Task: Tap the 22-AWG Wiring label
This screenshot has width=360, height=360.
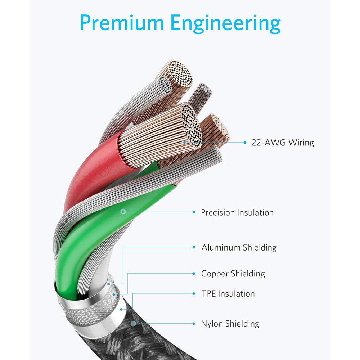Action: pyautogui.click(x=283, y=143)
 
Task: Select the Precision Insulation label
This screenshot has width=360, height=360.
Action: pyautogui.click(x=237, y=212)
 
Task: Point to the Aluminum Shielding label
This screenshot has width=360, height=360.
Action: pyautogui.click(x=239, y=247)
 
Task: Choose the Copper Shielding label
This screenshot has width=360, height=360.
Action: pyautogui.click(x=233, y=274)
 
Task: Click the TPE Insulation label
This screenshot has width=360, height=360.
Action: pyautogui.click(x=228, y=293)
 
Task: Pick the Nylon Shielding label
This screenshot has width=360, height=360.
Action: pyautogui.click(x=230, y=324)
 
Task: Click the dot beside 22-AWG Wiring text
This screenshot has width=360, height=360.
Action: pyautogui.click(x=245, y=143)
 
